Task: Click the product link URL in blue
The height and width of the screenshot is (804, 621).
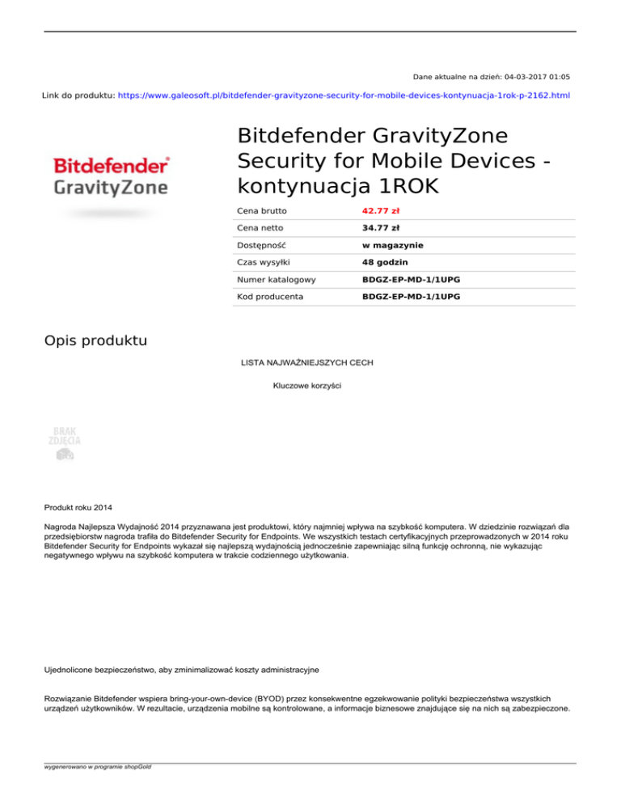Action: [x=344, y=95]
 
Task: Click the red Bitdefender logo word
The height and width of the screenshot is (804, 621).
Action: [x=111, y=166]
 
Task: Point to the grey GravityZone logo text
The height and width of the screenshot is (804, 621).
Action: [x=111, y=188]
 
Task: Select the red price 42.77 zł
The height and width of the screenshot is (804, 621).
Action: [x=382, y=210]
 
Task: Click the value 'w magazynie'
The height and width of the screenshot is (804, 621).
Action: [x=393, y=244]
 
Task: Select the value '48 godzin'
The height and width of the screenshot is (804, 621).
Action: [x=385, y=262]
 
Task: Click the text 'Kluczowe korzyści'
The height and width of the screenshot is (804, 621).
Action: [x=307, y=386]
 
